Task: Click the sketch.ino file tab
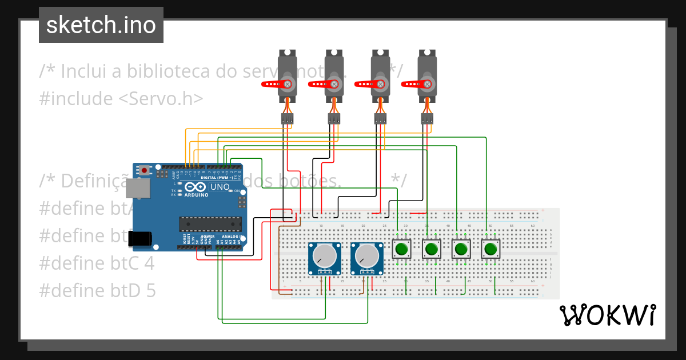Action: coord(101,25)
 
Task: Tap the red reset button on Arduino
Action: coord(145,170)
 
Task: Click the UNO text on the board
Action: coord(220,187)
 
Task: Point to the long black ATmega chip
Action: coord(207,224)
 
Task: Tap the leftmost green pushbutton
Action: coord(402,249)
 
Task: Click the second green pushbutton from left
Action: coord(432,249)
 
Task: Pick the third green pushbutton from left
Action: coord(461,249)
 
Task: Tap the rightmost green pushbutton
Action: coord(490,249)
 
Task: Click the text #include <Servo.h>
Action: coord(121,98)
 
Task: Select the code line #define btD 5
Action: coord(97,291)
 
